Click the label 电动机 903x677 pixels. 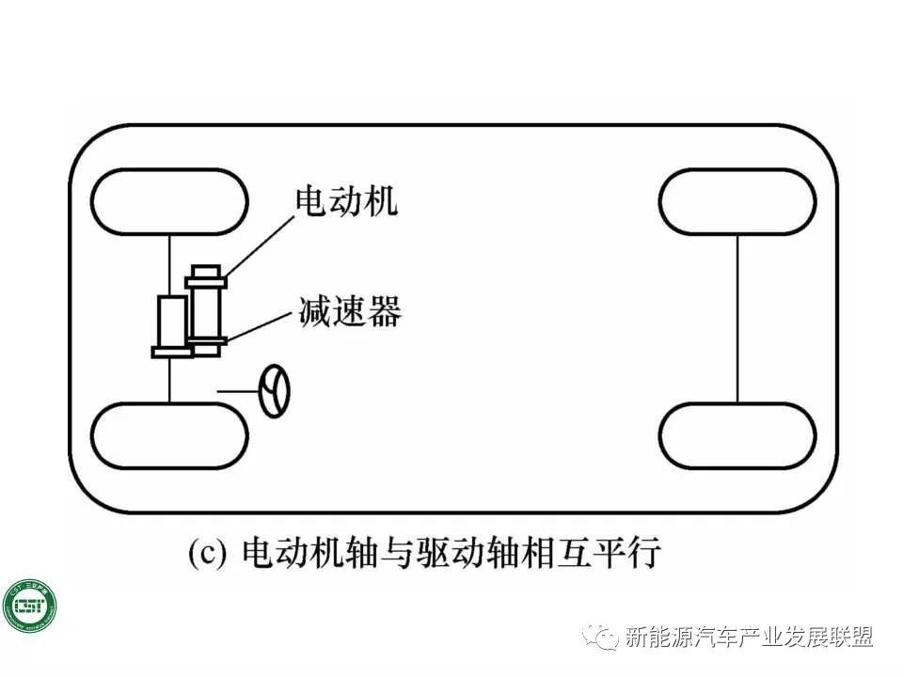tap(346, 201)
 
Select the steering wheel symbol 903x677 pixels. tap(275, 391)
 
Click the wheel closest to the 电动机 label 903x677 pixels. tap(170, 201)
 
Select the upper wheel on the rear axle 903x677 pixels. tap(737, 201)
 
